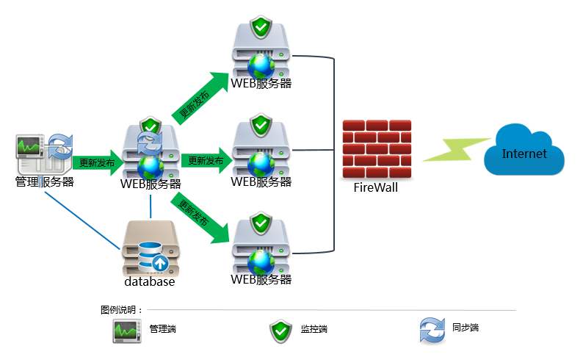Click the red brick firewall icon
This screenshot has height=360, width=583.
click(x=376, y=148)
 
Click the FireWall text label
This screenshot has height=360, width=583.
click(x=376, y=187)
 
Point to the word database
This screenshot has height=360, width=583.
click(x=150, y=281)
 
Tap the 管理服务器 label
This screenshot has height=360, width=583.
click(x=45, y=181)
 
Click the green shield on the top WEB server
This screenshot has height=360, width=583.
click(x=261, y=29)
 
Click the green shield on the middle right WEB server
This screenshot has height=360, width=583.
click(x=261, y=124)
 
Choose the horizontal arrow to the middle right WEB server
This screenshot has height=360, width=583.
click(x=206, y=160)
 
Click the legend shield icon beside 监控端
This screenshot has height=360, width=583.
click(x=280, y=331)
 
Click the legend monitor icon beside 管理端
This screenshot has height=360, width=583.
click(x=126, y=331)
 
